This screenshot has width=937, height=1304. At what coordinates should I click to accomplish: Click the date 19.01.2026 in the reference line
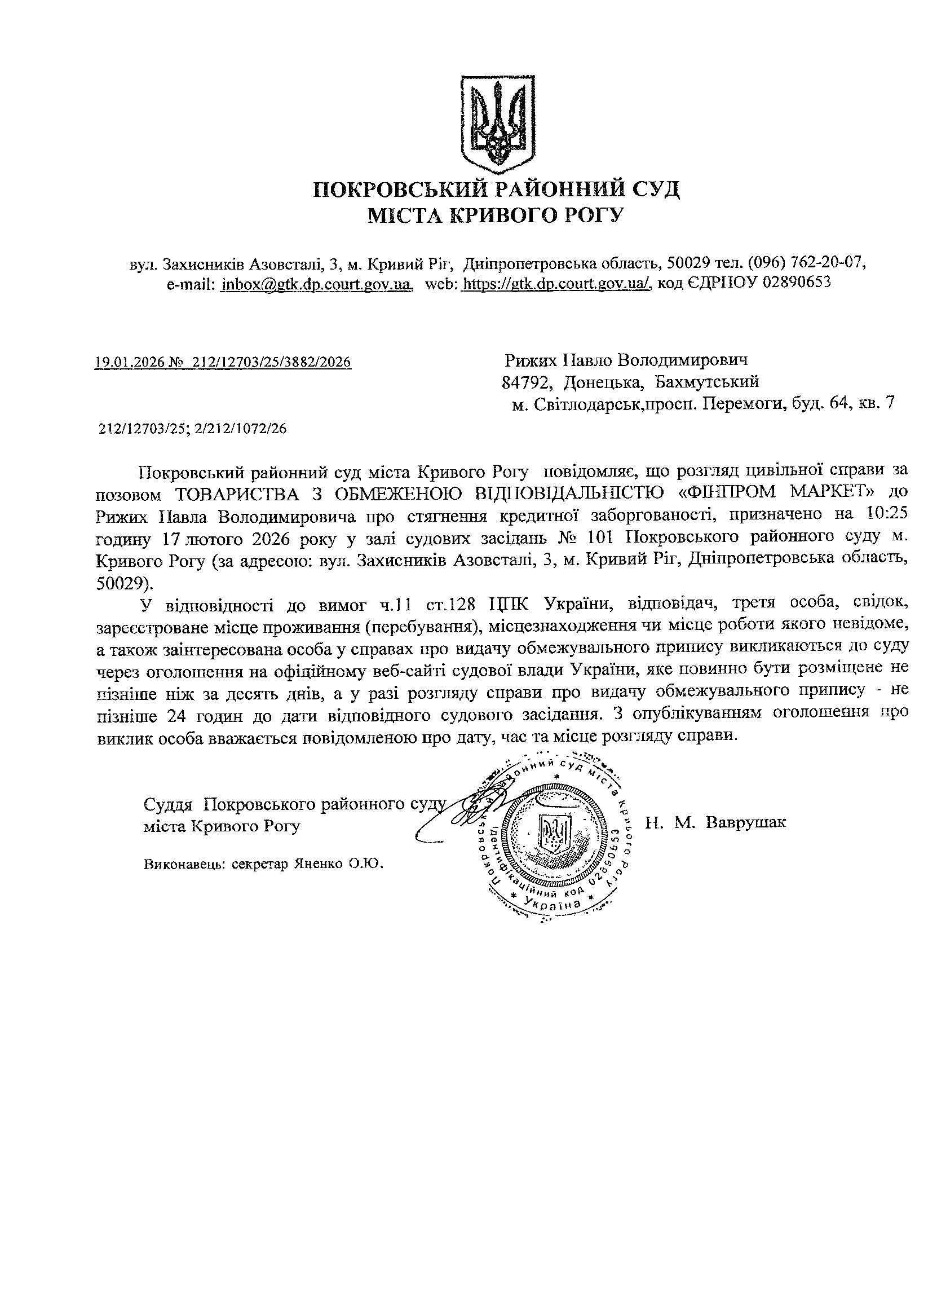pyautogui.click(x=128, y=362)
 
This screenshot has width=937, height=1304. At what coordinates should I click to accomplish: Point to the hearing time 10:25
pyautogui.click(x=887, y=514)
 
